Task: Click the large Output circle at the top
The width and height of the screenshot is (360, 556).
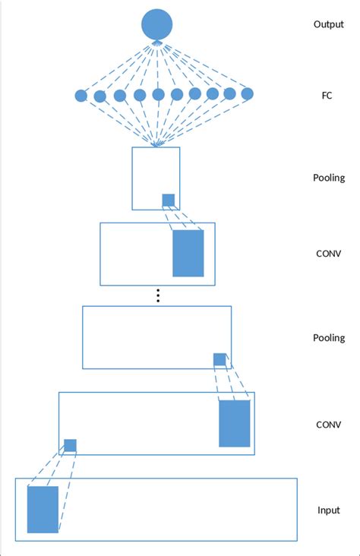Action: tap(157, 24)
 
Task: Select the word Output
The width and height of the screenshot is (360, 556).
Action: tap(328, 24)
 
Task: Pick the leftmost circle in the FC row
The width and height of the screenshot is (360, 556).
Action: tap(81, 96)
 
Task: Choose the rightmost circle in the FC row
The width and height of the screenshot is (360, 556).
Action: tap(247, 94)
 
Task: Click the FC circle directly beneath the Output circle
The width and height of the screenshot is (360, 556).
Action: tap(158, 95)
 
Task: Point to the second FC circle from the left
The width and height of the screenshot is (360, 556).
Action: tap(99, 96)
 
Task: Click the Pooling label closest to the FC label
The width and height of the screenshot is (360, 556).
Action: tap(328, 178)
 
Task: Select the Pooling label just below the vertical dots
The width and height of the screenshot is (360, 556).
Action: tap(328, 338)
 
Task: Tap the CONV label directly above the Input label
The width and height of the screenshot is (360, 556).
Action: tap(328, 425)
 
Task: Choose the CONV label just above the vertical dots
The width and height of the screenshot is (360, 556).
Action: tap(328, 253)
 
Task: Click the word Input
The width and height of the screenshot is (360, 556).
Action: tap(328, 510)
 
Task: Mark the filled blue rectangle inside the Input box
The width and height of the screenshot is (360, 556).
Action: tap(43, 510)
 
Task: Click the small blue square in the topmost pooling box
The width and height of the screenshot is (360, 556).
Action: tap(168, 200)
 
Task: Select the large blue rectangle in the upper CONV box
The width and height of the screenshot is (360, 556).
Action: tap(188, 253)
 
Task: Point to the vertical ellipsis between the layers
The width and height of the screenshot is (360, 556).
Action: tap(158, 295)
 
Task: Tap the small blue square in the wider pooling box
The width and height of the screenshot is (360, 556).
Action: tap(219, 359)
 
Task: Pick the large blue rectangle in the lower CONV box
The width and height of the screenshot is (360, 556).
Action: tap(235, 423)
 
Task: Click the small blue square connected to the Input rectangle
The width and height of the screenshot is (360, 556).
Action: tap(70, 445)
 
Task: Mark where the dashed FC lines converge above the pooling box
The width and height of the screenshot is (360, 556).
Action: tap(156, 145)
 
